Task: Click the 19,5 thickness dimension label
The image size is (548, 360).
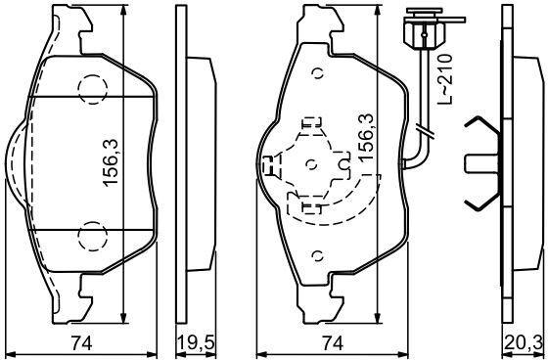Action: (x=196, y=343)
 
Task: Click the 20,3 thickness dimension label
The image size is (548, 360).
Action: (x=524, y=343)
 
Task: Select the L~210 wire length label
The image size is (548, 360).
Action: (x=445, y=79)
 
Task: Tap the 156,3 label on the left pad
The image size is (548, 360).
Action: (x=111, y=162)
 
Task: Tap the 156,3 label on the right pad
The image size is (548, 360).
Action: (x=366, y=138)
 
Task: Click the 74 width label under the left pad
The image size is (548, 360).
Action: (x=81, y=343)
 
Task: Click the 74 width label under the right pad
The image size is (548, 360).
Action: (x=333, y=343)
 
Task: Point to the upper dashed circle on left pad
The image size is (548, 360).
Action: (x=93, y=89)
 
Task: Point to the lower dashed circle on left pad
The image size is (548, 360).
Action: (x=93, y=237)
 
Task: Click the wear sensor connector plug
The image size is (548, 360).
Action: (x=425, y=33)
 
